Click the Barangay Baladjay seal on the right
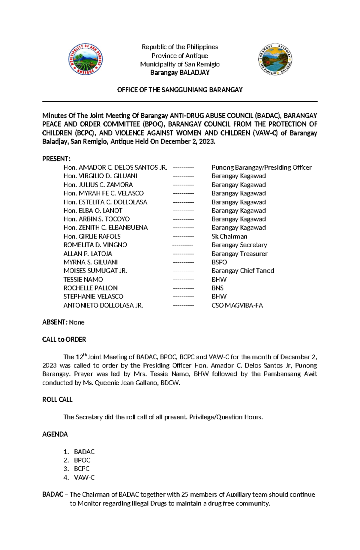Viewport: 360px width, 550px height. point(275,59)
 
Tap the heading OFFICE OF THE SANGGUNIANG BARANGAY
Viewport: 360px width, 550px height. point(180,90)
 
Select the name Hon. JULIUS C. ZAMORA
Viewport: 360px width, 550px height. point(98,185)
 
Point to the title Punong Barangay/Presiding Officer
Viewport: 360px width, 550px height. point(261,167)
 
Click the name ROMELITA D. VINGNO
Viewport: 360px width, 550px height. point(95,245)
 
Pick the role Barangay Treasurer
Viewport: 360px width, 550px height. point(239,254)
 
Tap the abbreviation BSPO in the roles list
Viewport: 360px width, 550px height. point(219,262)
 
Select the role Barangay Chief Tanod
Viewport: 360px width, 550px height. point(243,271)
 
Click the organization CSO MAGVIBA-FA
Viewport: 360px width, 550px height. point(237,305)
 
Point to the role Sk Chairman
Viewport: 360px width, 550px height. point(229,236)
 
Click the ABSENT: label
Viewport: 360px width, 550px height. point(55,322)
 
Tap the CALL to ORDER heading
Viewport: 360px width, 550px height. point(64,340)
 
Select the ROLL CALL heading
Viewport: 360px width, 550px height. point(57,400)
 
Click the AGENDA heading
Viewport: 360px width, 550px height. point(55,434)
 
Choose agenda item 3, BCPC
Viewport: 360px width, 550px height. point(82,468)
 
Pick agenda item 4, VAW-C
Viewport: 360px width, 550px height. point(84,477)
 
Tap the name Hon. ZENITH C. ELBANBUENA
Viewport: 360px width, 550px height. point(105,227)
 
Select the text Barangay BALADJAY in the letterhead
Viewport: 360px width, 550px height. point(180,73)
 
